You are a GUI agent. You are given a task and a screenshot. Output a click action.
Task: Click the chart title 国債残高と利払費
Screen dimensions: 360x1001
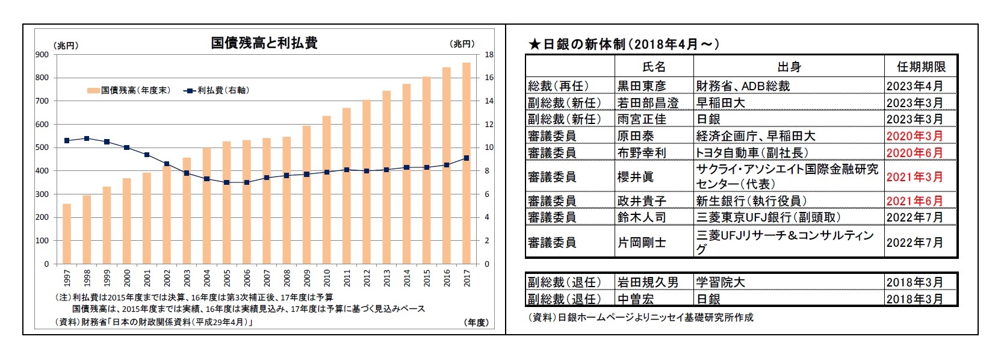(x=264, y=43)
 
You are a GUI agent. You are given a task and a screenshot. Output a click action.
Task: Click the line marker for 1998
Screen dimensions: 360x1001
(x=87, y=138)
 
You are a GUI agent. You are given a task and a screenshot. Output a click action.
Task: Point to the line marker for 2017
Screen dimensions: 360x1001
(x=466, y=158)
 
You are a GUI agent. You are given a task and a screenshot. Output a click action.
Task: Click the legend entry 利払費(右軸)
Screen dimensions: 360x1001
(x=217, y=90)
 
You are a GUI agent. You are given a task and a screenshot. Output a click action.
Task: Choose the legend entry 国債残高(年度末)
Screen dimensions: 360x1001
(x=129, y=90)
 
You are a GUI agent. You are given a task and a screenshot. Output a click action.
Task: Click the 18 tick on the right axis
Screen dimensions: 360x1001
(x=489, y=55)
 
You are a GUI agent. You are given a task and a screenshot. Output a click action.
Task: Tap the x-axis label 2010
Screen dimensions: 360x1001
(x=327, y=278)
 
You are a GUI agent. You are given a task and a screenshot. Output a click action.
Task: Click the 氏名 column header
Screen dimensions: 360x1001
(x=654, y=67)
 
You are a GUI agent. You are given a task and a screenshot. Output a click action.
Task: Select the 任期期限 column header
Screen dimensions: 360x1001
(x=920, y=67)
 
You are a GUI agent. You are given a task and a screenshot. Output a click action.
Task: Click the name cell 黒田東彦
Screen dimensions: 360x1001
(x=642, y=86)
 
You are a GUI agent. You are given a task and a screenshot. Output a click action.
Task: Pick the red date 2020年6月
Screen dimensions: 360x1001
(x=914, y=153)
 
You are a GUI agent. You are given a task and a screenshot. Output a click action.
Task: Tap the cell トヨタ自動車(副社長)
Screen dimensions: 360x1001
(x=752, y=153)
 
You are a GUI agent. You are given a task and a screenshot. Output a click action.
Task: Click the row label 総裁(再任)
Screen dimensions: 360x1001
(x=558, y=86)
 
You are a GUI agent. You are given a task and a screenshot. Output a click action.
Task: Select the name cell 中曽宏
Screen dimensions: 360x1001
(x=636, y=299)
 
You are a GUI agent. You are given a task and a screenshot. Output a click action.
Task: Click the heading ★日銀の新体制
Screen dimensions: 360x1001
(x=623, y=44)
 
